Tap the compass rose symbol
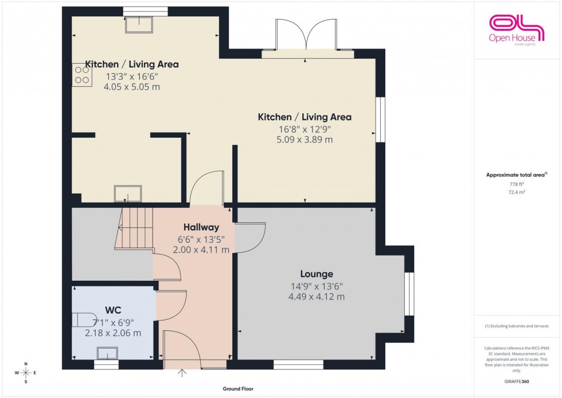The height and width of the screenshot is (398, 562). pos(26,372)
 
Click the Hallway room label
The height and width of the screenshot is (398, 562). pos(201,227)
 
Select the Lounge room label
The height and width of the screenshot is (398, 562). pos(317,274)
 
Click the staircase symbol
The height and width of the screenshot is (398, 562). pos(135,229)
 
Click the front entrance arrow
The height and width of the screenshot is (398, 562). pos(182,374)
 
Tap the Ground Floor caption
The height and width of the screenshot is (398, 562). pos(238,389)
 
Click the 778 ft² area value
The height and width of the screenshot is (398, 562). pos(517,184)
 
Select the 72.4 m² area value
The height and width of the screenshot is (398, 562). pos(517,194)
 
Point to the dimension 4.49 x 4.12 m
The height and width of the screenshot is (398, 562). pos(317,296)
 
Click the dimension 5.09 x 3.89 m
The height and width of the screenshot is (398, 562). pos(305,140)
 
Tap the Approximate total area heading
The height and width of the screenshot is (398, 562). pos(516,175)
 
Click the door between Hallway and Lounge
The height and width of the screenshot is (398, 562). pos(251,237)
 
